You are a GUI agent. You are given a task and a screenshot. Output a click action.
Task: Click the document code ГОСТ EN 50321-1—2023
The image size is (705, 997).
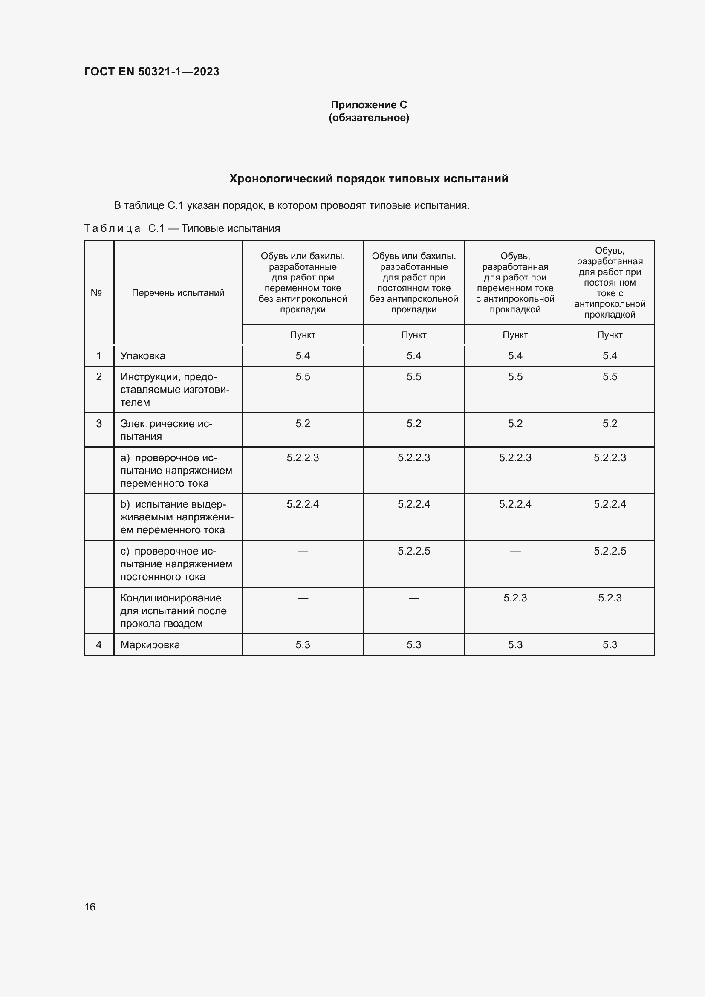(x=151, y=72)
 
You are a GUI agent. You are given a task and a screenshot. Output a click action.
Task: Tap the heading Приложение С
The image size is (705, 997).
(x=369, y=105)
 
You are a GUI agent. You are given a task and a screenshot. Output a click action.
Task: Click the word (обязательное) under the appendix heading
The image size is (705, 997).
(x=369, y=118)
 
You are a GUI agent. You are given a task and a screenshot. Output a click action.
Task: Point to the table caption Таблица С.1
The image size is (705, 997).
(x=124, y=228)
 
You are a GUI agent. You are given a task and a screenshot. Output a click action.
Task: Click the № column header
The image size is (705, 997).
(x=96, y=293)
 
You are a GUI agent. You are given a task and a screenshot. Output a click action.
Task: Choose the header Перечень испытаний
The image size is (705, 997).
(x=178, y=293)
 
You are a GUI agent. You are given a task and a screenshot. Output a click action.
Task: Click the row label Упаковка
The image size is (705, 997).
(x=143, y=355)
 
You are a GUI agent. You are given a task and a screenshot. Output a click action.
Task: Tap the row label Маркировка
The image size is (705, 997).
(x=150, y=645)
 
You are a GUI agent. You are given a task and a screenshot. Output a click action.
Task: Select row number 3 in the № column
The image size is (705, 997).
(x=99, y=423)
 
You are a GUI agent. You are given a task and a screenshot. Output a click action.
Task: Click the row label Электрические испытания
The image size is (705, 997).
(x=166, y=430)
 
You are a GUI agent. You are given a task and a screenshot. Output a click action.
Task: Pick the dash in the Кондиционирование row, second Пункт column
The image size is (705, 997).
(x=414, y=598)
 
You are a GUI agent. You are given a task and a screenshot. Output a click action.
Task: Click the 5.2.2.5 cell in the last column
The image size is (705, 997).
(x=610, y=551)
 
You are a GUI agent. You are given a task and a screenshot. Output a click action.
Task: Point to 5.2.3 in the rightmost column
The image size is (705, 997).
(x=610, y=598)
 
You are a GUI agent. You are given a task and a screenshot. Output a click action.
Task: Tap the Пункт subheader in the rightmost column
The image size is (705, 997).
(x=610, y=335)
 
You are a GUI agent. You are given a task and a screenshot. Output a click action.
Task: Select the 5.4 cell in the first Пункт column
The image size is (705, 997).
(x=303, y=355)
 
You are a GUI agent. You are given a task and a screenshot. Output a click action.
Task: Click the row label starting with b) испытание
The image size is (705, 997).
(x=177, y=517)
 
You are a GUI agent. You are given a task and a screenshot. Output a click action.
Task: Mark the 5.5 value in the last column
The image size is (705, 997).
(x=610, y=376)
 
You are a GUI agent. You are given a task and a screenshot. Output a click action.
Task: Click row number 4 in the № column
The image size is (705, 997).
(x=99, y=645)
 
